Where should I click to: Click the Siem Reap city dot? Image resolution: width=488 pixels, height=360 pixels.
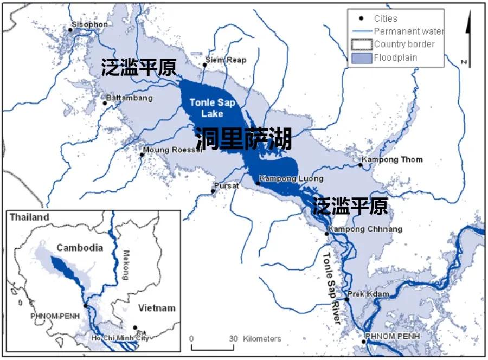click(x=204, y=65)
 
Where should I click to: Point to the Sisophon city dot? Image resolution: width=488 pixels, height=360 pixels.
click(x=70, y=30)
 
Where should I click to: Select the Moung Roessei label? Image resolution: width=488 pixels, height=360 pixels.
click(x=172, y=150)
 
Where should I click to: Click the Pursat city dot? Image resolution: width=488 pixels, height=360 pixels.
click(x=213, y=191)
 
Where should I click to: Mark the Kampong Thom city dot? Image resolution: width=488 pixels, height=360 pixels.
click(x=360, y=165)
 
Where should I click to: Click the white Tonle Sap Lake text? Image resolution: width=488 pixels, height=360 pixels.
click(x=206, y=108)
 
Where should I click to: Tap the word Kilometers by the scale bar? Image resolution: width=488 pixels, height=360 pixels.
click(x=262, y=339)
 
